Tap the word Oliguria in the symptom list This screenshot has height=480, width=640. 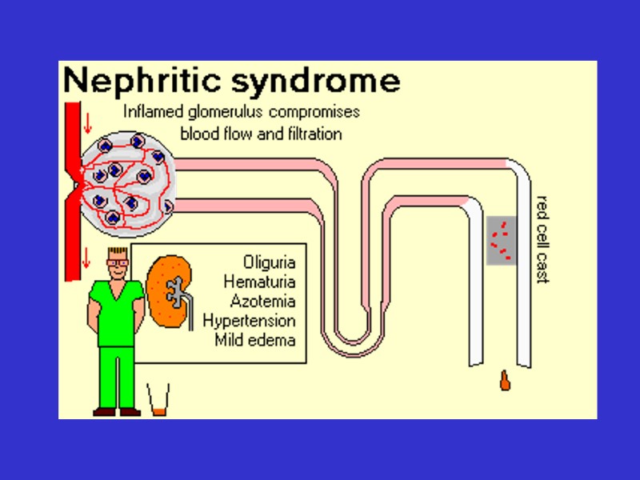pos(269,262)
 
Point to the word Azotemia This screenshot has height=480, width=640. pos(262,302)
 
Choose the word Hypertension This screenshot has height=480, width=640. pos(249,321)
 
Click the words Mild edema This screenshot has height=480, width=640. pos(255,340)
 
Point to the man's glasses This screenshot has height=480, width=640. pos(117,259)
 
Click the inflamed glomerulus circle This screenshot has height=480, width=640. pos(127,185)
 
